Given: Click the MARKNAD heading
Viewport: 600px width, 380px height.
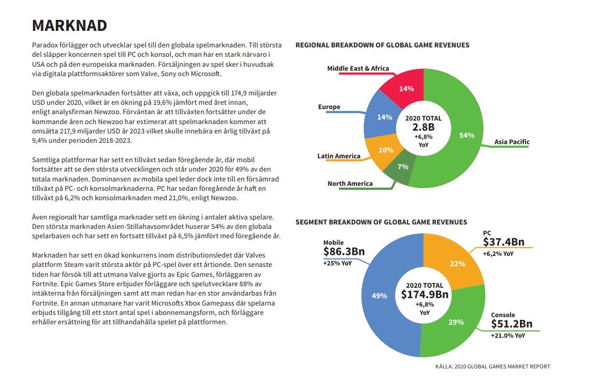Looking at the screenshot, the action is point(70,25).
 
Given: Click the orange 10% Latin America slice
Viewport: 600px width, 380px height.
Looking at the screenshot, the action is point(383,151).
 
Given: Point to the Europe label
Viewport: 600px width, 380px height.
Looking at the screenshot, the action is point(329,107).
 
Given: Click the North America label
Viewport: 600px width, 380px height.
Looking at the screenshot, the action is point(350,184).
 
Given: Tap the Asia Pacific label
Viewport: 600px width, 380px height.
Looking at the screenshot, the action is point(512,142).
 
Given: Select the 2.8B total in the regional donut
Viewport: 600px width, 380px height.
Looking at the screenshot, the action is point(423,127).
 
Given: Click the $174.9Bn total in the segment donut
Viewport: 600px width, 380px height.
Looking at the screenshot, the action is point(424,295).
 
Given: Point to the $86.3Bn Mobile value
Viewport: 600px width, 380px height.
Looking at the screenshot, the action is point(344,251).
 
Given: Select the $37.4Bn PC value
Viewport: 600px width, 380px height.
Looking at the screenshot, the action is point(503,242).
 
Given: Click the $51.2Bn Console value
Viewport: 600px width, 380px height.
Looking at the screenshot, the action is point(512,324).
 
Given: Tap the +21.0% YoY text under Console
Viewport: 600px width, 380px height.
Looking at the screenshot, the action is point(508,336).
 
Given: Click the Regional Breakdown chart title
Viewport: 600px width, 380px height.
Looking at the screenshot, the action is point(383,45).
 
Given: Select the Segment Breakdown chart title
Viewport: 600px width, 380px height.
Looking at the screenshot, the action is point(381,222).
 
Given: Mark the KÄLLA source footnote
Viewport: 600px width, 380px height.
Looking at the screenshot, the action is point(493,366).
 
